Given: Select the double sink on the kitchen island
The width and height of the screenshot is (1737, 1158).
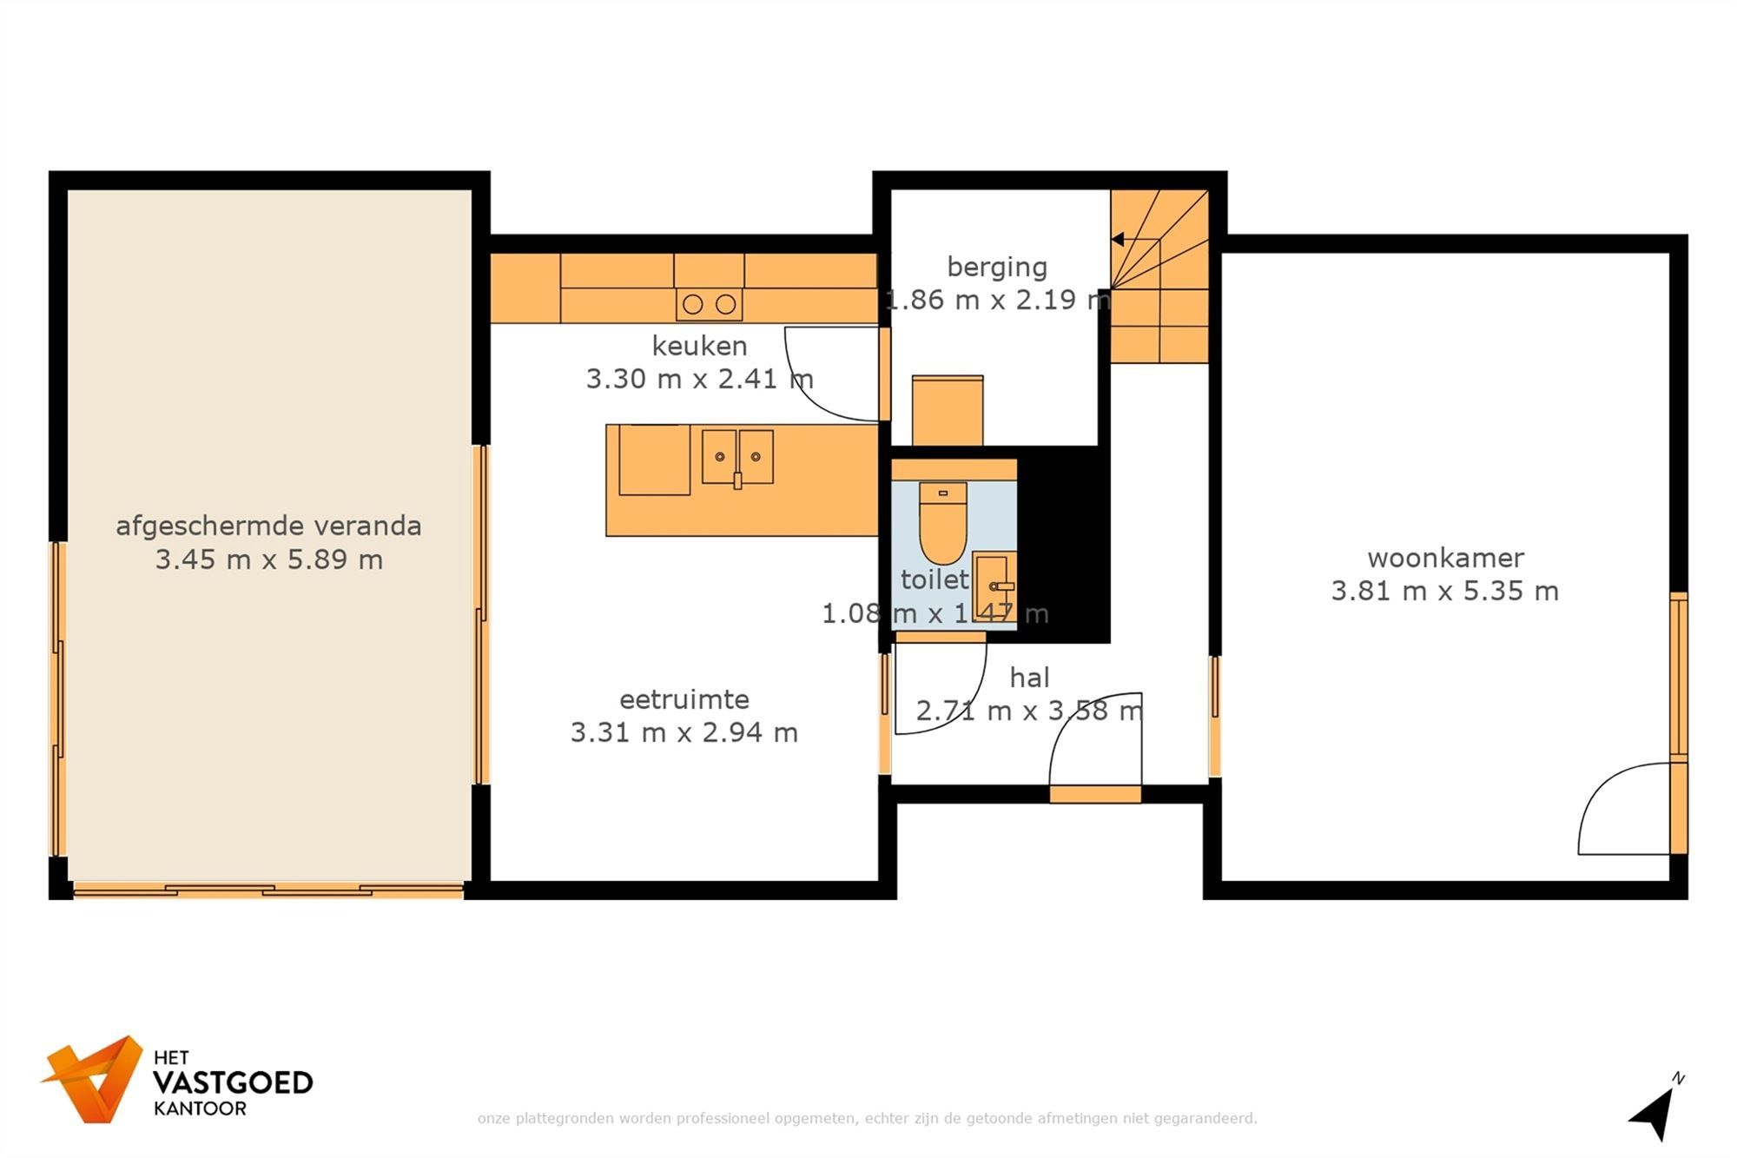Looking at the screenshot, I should (737, 457).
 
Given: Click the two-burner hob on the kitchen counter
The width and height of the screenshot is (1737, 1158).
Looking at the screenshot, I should (710, 304).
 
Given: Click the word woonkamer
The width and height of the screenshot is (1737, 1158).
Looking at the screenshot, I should (1445, 558).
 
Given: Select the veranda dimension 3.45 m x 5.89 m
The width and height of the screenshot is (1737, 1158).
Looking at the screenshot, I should (269, 559).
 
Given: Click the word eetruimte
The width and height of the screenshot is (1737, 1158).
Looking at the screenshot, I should (684, 699).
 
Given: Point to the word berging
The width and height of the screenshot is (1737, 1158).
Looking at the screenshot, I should (997, 267).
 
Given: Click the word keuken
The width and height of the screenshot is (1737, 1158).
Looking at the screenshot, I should (699, 346).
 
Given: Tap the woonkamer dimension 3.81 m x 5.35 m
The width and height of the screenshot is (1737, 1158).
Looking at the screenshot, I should (1445, 591).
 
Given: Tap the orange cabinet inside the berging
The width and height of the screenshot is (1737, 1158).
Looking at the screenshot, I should (948, 410).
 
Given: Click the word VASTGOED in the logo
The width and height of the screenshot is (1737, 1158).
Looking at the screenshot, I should (233, 1082).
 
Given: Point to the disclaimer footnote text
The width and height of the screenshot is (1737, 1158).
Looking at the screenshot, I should (867, 1118).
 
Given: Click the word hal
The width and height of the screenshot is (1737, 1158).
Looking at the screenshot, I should (1029, 678).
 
